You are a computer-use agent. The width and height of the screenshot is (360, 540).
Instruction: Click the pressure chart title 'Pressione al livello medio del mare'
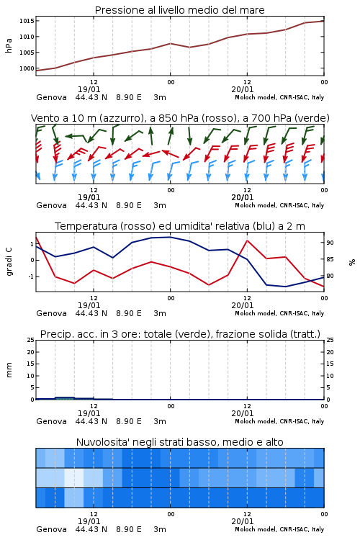point(179,10)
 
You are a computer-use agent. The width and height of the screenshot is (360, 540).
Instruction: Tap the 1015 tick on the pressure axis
point(27,21)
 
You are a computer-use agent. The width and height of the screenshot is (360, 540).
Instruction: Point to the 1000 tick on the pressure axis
point(27,68)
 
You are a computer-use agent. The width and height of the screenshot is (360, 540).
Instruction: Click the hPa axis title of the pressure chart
point(9,45)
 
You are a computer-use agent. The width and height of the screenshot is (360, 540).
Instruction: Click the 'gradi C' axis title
point(9,261)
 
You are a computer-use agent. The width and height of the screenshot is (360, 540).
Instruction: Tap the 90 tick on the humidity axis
point(330,243)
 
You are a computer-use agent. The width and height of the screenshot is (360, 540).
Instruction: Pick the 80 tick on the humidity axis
point(330,276)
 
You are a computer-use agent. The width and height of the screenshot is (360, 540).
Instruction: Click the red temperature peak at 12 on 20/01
point(247,240)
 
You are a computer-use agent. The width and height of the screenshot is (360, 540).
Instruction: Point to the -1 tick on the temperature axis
point(31,276)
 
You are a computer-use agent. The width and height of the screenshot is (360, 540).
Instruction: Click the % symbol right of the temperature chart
point(352,262)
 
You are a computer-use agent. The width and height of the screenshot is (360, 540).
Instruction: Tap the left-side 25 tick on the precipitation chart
point(31,340)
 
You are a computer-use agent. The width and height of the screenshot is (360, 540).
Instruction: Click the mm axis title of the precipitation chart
point(9,370)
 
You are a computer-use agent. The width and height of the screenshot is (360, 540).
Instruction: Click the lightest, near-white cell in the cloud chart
point(74,477)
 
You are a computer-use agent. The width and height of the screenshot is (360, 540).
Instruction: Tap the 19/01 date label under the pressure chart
point(89,89)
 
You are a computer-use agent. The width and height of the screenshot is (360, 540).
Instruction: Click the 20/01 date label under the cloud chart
point(243,521)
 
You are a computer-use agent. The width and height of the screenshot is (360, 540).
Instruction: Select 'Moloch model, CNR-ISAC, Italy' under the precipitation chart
point(279,421)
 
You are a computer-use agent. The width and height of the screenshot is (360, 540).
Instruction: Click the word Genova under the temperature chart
point(51,313)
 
